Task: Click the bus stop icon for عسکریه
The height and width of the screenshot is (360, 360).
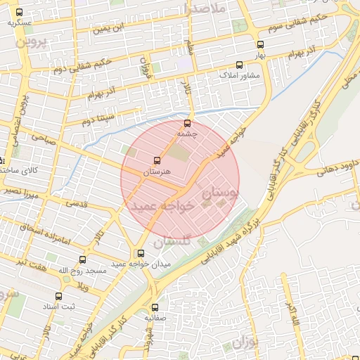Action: click(x=18, y=12)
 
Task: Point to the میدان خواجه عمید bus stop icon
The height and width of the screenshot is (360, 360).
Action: click(x=141, y=253)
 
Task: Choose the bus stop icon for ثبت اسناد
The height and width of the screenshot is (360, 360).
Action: click(x=58, y=296)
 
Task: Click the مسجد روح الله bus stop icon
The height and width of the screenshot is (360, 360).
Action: click(x=83, y=259)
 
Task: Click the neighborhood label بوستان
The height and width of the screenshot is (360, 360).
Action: click(x=219, y=190)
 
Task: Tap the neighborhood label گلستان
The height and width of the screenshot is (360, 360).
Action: click(x=167, y=241)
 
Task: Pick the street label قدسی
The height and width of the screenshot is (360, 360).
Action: click(x=77, y=204)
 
